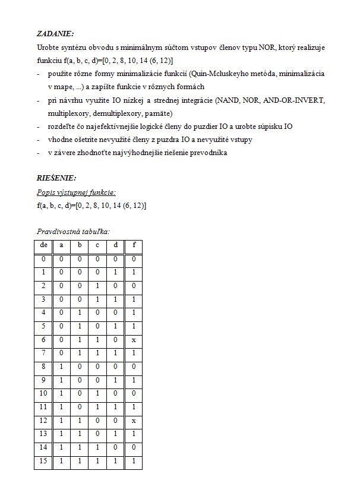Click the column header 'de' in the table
tap(43, 245)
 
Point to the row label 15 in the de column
tap(43, 461)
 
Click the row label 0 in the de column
tap(43, 259)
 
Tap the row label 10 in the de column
tap(43, 394)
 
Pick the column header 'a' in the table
tap(61, 245)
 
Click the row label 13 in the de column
tap(43, 434)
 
